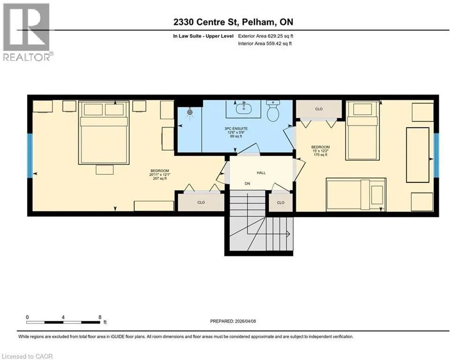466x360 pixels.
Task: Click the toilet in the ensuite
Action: click(x=273, y=110)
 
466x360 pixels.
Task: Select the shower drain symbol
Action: click(x=190, y=112)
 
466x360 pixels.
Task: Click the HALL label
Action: click(x=261, y=172)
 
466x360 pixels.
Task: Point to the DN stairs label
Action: click(x=247, y=184)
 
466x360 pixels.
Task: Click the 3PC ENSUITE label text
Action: click(x=236, y=128)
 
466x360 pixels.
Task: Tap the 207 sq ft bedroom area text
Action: click(x=160, y=179)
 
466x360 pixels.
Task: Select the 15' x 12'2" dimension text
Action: click(x=320, y=151)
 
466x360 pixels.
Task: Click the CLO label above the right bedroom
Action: click(x=318, y=109)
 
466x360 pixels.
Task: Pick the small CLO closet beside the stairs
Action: click(x=281, y=202)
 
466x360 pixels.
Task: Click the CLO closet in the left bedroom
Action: click(x=201, y=202)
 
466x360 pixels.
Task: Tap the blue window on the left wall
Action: click(x=30, y=156)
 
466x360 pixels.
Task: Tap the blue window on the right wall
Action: click(x=436, y=155)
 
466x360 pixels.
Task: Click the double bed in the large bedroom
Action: click(x=104, y=132)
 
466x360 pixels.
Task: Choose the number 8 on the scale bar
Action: click(x=100, y=317)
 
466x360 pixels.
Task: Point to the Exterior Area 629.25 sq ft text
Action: click(x=266, y=36)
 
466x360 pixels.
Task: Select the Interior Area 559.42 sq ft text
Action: click(x=265, y=44)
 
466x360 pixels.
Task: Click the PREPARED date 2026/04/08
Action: click(x=245, y=321)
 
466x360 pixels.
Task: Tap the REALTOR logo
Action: click(x=27, y=32)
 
